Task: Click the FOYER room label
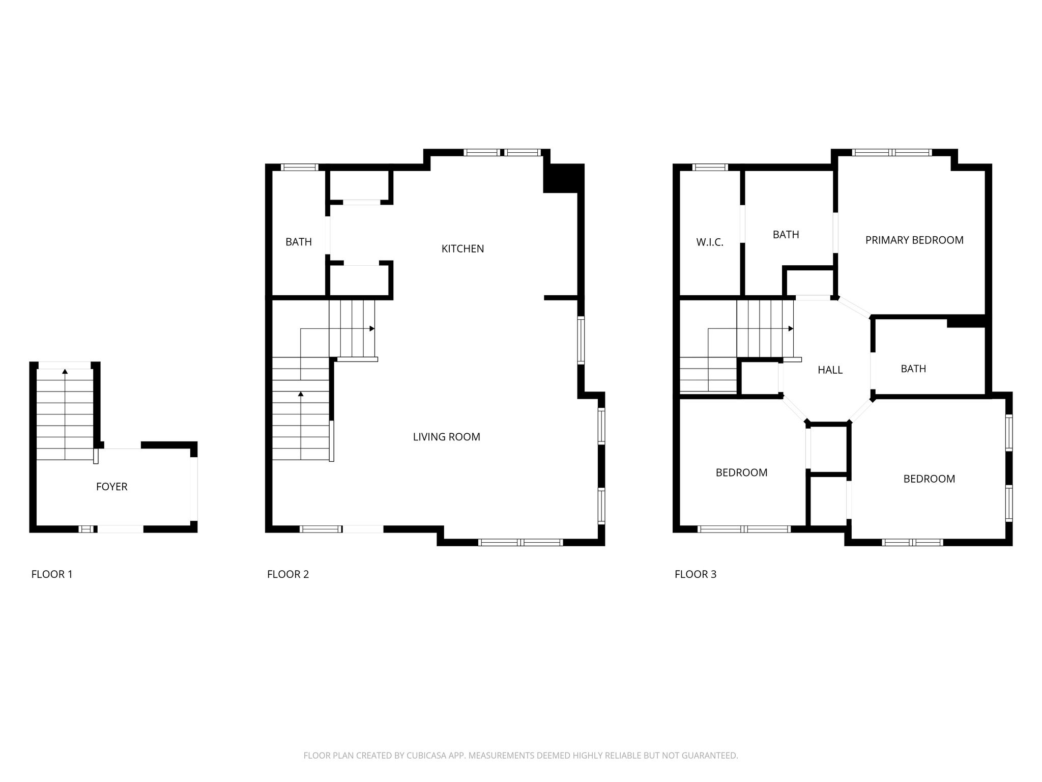point(111,487)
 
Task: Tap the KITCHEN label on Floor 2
point(462,249)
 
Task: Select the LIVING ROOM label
point(446,437)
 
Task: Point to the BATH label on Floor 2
point(299,242)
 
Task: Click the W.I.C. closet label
point(710,242)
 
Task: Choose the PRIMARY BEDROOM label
point(914,240)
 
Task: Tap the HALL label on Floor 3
point(830,370)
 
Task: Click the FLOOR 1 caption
point(52,574)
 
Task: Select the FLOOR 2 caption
point(288,574)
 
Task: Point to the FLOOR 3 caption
point(696,574)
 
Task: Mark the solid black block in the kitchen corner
point(563,178)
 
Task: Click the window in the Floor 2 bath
point(300,167)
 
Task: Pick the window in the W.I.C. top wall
point(710,167)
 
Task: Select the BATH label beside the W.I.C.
point(786,235)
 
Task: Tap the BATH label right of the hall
point(913,369)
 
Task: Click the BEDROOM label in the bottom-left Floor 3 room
point(741,472)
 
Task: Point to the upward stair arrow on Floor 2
point(301,426)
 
